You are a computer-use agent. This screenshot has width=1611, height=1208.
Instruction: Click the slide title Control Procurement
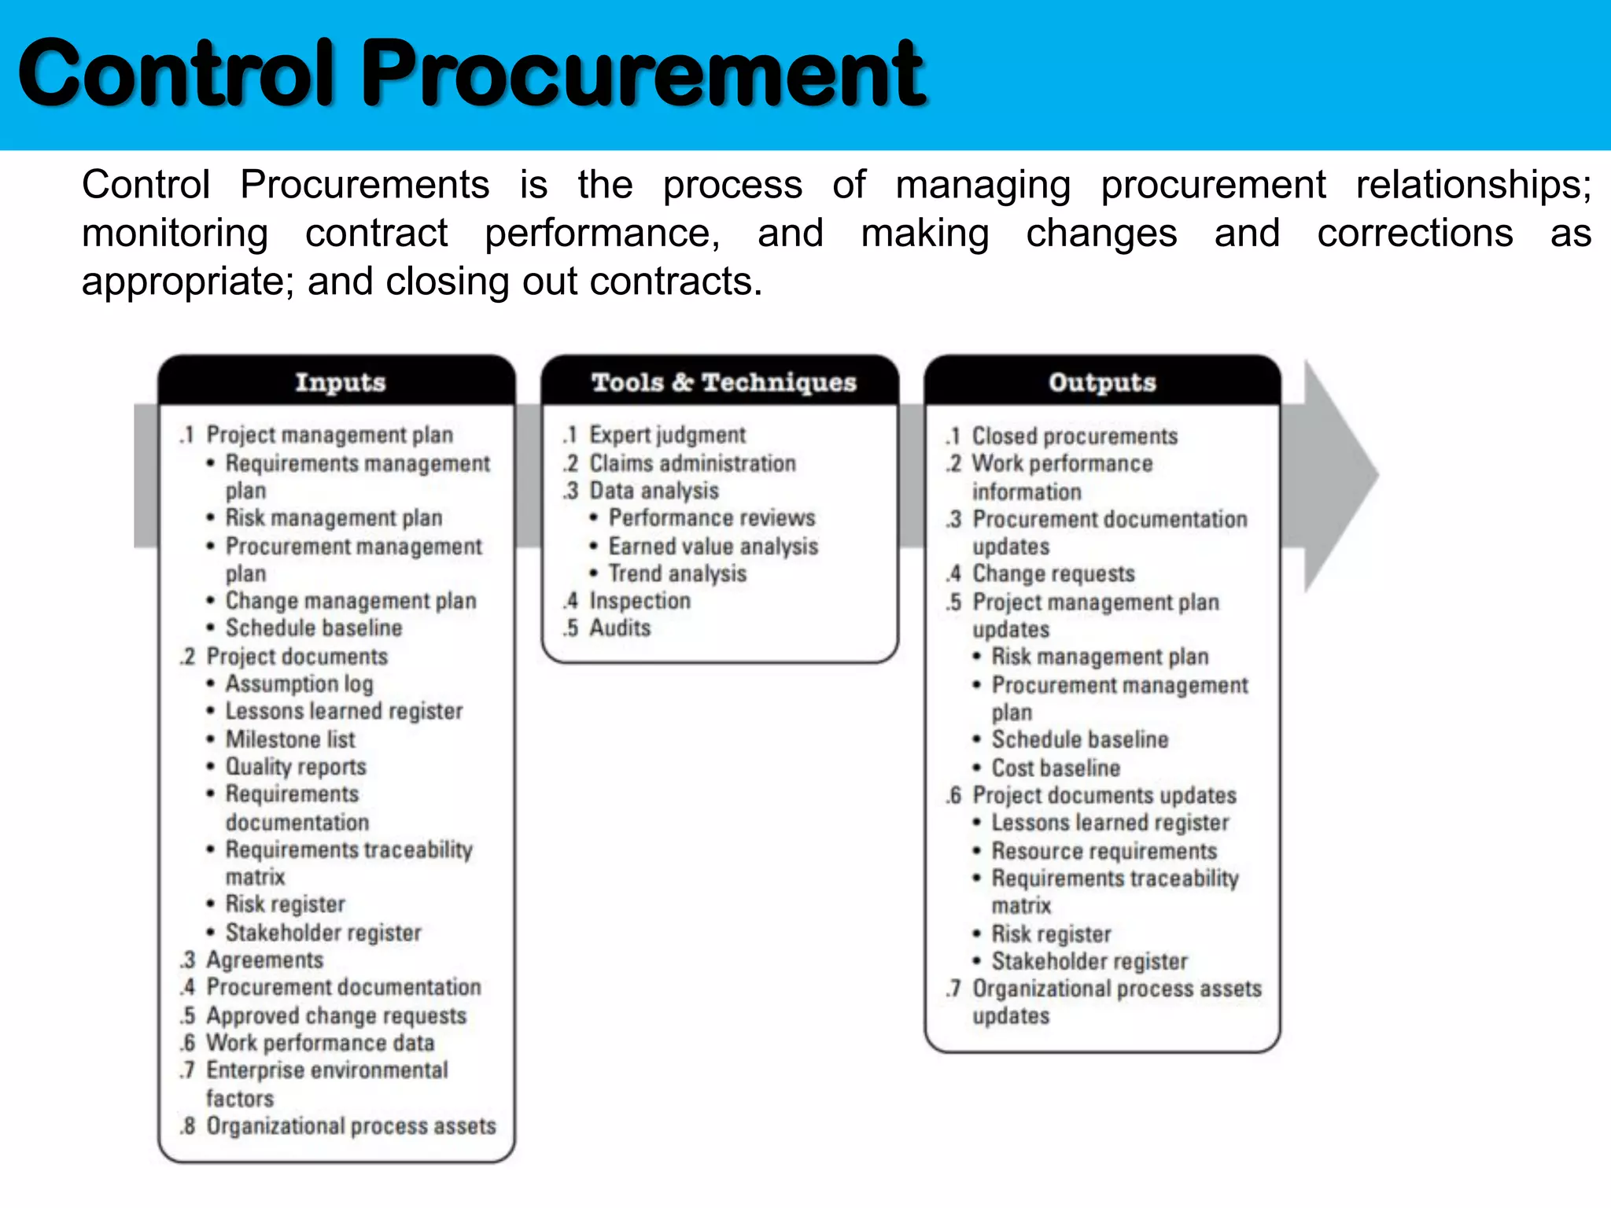[x=472, y=75]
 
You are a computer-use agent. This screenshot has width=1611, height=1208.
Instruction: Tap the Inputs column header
[x=340, y=382]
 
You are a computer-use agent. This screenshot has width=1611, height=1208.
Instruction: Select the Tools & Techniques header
[x=724, y=382]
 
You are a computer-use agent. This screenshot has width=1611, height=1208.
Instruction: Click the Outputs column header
[x=1102, y=382]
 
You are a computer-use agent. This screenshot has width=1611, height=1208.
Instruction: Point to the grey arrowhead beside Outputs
[x=1337, y=475]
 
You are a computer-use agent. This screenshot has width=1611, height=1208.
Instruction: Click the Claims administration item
[x=692, y=463]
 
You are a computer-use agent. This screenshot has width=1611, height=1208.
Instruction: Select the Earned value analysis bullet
[x=713, y=546]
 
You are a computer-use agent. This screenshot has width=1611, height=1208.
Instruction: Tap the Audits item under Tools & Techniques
[x=620, y=628]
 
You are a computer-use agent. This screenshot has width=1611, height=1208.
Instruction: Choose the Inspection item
[x=640, y=601]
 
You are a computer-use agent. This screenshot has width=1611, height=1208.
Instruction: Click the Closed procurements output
[x=1075, y=436]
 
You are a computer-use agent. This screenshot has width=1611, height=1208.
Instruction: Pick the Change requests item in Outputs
[x=1053, y=573]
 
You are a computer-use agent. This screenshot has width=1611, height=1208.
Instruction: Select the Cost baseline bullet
[x=1056, y=768]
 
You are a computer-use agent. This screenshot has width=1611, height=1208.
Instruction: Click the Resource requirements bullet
[x=1104, y=851]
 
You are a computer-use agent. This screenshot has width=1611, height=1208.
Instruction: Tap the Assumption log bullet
[x=299, y=683]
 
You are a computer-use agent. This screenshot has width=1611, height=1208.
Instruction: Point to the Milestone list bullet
[x=290, y=739]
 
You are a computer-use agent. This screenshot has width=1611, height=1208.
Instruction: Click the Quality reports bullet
[x=296, y=766]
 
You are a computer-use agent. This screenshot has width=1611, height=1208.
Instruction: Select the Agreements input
[x=264, y=959]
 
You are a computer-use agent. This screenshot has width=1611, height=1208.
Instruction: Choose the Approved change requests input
[x=336, y=1015]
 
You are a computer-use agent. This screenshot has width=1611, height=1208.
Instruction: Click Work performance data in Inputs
[x=320, y=1043]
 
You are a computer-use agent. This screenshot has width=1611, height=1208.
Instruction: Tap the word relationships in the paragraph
[x=1473, y=186]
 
